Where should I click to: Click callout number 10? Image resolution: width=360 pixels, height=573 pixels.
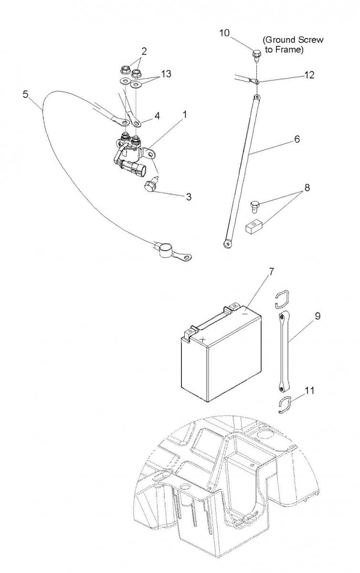[224, 33]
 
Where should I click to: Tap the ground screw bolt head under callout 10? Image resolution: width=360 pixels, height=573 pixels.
[256, 54]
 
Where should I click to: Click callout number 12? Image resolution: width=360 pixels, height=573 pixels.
[309, 75]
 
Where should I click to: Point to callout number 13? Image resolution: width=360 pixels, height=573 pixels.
[166, 74]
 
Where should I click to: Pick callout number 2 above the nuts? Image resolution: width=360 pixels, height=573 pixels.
[144, 52]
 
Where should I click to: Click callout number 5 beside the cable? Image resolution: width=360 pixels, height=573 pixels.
[25, 94]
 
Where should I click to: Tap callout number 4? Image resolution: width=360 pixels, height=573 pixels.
[157, 116]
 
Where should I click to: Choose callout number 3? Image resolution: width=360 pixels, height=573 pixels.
[189, 197]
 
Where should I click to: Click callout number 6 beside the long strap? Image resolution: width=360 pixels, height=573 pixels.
[297, 139]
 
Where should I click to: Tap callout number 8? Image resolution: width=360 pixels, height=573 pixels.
[307, 188]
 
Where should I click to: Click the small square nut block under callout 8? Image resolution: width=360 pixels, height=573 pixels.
[252, 227]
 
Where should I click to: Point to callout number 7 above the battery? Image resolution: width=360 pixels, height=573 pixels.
[272, 271]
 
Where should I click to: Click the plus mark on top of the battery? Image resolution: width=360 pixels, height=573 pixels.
[202, 340]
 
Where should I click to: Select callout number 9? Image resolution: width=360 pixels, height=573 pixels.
[318, 316]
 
